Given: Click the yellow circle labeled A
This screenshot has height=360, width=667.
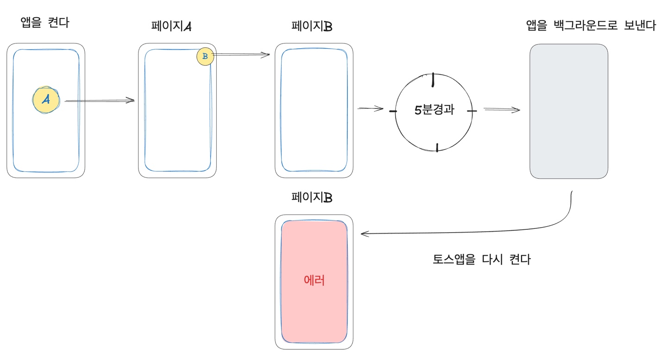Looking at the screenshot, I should point(46,100).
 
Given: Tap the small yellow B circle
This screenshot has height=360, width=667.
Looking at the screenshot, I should point(205,57).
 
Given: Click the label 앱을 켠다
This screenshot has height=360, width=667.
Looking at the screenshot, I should point(45,23).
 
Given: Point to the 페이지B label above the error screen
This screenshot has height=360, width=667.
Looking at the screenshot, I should point(312,198).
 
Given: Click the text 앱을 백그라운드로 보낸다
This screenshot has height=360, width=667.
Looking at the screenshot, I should point(591,25).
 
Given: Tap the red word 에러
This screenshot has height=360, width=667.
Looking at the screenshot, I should point(314,280).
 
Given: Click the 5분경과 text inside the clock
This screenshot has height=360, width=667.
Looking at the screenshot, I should point(434,111).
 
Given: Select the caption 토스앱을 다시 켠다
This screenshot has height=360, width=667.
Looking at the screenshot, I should point(481,259).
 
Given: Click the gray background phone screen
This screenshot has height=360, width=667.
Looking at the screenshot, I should point(569,111).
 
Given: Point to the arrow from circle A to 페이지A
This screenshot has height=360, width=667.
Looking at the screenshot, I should point(99,100).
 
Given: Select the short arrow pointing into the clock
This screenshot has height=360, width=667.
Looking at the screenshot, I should point(371,109).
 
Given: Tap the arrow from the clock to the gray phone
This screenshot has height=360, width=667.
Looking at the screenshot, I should point(502,110).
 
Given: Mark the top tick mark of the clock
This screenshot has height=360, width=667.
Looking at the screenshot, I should point(433,80).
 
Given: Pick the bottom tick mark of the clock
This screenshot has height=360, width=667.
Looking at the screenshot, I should point(436,147).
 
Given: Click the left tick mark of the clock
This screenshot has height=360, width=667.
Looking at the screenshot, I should point(393,112).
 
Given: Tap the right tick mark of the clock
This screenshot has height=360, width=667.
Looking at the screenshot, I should point(472,112).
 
